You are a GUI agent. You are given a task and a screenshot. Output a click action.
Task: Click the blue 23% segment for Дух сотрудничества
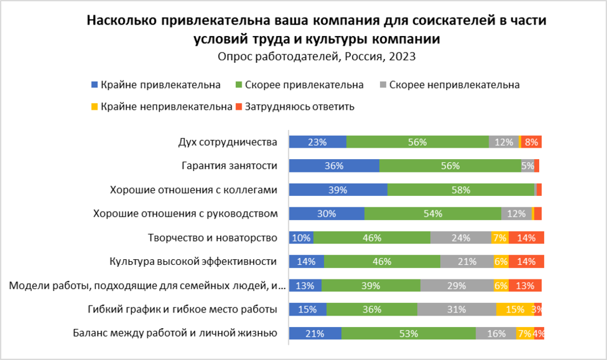tap(317, 142)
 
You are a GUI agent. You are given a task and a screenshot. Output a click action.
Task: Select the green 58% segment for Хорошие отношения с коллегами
tap(461, 190)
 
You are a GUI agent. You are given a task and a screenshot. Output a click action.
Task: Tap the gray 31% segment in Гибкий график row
tap(457, 309)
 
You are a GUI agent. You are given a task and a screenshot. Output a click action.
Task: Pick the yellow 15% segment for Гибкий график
tap(514, 309)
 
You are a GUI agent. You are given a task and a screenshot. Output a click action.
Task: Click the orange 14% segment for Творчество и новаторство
tap(526, 238)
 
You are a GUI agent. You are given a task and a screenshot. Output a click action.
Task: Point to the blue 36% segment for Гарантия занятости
tap(334, 166)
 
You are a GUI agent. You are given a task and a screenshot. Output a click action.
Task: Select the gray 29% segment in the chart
tap(457, 285)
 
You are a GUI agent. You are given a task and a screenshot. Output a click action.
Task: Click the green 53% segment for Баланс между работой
tap(408, 333)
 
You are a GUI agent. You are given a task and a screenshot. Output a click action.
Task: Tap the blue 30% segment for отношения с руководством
tap(327, 214)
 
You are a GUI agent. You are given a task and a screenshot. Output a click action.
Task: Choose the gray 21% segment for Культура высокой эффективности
tap(467, 262)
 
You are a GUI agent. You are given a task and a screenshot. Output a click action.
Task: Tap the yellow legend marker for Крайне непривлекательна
tap(95, 106)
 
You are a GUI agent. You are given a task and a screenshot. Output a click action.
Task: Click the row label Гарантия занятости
tap(230, 166)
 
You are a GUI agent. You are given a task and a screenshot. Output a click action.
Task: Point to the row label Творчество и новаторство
tap(212, 238)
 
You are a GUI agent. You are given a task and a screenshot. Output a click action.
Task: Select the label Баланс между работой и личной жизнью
tap(175, 333)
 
